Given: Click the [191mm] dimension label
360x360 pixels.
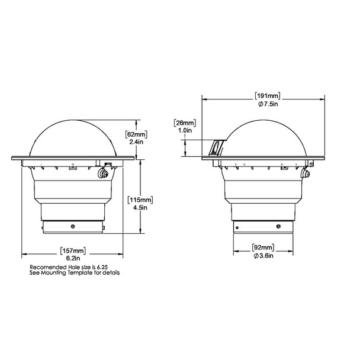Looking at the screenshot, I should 268,96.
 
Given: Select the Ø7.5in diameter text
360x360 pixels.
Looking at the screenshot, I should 268,104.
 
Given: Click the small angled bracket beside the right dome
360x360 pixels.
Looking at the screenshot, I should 216,147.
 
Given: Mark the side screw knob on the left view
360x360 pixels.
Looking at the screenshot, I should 104,174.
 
